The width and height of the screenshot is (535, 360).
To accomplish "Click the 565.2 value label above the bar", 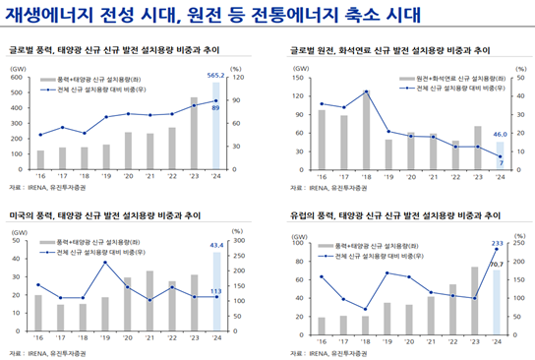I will [216, 74].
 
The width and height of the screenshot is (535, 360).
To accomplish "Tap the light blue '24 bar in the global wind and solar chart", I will [216, 118].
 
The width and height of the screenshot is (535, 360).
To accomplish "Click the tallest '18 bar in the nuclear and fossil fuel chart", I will [366, 118].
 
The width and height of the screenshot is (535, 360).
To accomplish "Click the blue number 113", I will [215, 291].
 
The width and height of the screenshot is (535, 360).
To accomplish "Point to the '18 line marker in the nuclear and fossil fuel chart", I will [366, 91].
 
